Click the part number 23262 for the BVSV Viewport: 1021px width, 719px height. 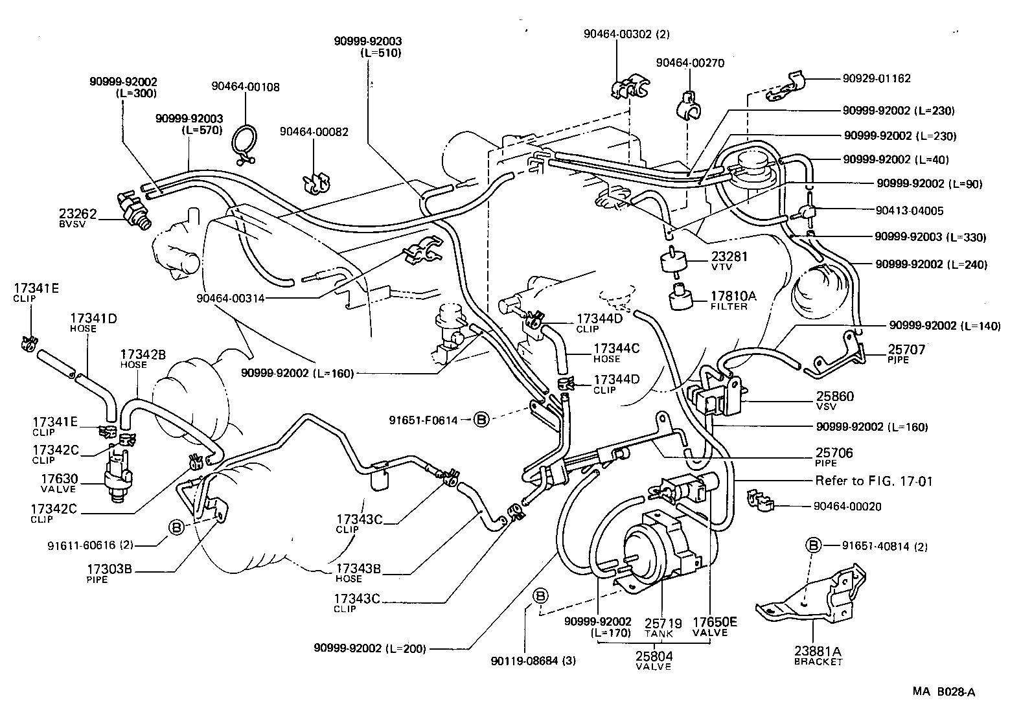tap(78, 213)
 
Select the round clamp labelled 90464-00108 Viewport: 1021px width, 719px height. tap(245, 143)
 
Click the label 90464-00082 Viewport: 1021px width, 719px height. tap(314, 131)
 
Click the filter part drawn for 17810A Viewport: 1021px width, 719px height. tap(681, 297)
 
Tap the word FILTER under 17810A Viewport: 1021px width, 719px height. tap(729, 307)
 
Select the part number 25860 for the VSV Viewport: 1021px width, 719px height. tap(835, 396)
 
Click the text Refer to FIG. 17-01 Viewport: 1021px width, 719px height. tap(874, 481)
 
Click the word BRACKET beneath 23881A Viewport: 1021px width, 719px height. tap(818, 662)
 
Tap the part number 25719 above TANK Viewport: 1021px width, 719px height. tap(663, 623)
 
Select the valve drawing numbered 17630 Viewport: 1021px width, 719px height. tap(117, 475)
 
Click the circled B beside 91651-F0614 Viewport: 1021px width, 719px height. tap(481, 419)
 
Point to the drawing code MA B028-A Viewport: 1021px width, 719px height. tap(943, 692)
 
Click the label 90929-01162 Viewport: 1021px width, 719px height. tap(877, 78)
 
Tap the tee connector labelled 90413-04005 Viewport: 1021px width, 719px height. tap(807, 211)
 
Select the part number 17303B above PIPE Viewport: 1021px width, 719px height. tap(109, 569)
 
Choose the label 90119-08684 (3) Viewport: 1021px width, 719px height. tap(533, 661)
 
